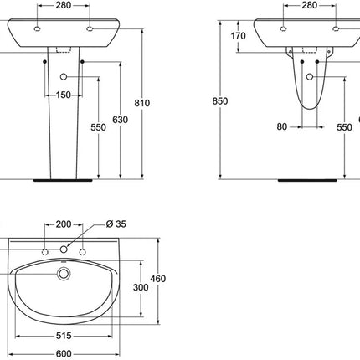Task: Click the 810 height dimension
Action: click(142, 103)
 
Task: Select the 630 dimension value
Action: click(121, 120)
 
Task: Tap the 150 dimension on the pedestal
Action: click(64, 95)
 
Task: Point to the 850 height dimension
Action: click(220, 101)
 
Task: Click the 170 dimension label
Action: click(238, 36)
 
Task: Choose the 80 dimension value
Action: click(282, 126)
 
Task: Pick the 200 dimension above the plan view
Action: click(64, 224)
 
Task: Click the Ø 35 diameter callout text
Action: click(116, 224)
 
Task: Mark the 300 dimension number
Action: click(141, 287)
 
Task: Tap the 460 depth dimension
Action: click(158, 279)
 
